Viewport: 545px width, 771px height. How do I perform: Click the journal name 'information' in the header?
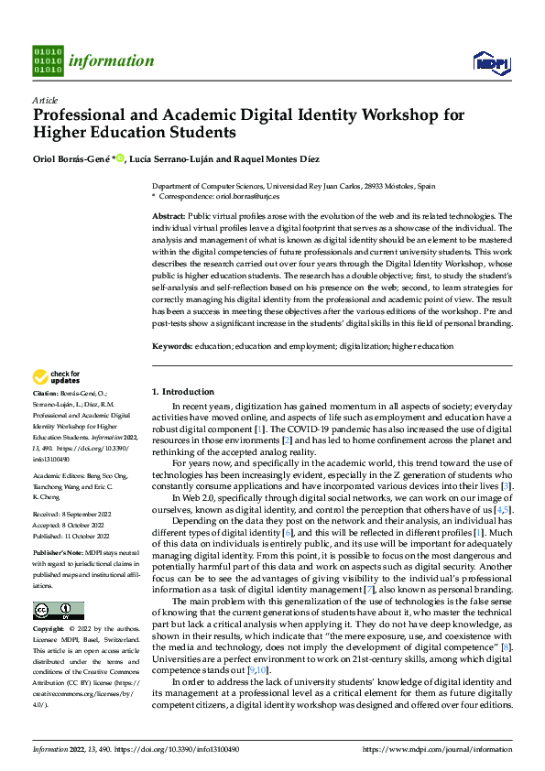[x=112, y=61]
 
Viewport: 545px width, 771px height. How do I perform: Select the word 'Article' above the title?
[x=45, y=100]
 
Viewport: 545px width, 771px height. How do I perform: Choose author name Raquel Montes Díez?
[x=278, y=159]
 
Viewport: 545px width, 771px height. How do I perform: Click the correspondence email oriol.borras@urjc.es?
[x=245, y=195]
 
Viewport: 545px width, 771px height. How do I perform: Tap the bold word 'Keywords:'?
[x=172, y=347]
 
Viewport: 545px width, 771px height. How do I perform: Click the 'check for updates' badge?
[x=56, y=376]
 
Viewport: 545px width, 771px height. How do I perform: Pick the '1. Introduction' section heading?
[x=183, y=392]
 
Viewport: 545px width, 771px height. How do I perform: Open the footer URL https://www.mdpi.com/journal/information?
[x=438, y=749]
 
